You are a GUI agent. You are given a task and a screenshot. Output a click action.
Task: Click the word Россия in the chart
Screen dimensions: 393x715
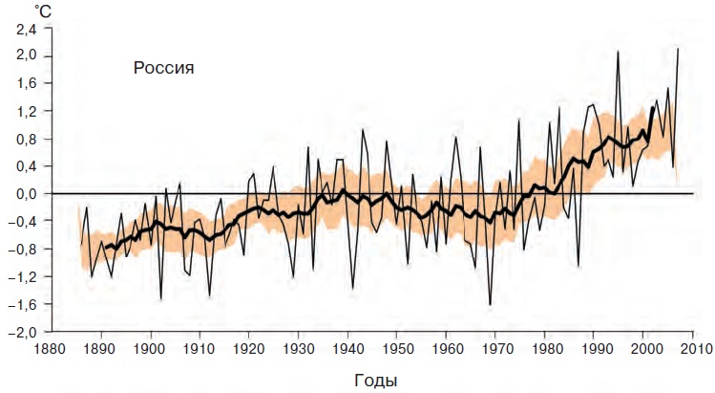click(x=163, y=68)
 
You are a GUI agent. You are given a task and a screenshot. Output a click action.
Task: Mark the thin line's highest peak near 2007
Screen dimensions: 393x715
click(x=678, y=49)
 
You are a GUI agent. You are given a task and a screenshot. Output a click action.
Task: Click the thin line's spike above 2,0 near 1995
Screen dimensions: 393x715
click(x=619, y=51)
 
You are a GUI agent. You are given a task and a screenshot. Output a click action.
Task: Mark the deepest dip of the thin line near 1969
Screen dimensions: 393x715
click(x=490, y=305)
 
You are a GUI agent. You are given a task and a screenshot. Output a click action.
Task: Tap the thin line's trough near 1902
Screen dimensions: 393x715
click(x=160, y=300)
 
